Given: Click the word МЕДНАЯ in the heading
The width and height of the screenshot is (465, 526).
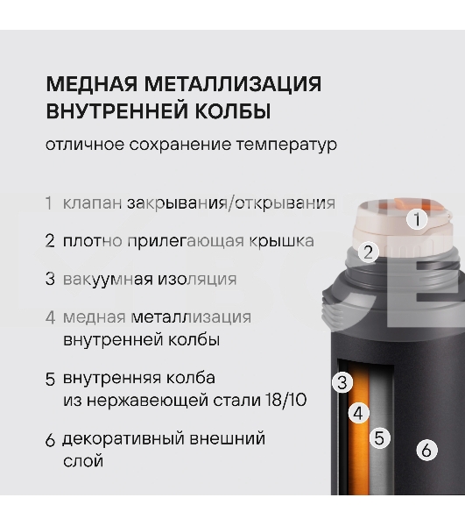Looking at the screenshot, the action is (x=91, y=83).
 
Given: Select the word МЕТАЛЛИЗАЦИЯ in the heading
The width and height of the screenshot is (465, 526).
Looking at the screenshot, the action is (x=233, y=84).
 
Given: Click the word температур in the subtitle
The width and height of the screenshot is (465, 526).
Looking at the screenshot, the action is (x=286, y=145).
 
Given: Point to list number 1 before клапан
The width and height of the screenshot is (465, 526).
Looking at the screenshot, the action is (x=49, y=203).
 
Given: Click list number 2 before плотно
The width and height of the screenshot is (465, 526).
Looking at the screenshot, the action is (x=50, y=241).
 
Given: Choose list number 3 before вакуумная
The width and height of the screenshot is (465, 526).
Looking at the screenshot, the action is (x=50, y=279).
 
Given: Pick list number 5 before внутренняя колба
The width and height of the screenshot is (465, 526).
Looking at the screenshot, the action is (x=50, y=379).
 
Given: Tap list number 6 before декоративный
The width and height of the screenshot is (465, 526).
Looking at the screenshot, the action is (x=50, y=440).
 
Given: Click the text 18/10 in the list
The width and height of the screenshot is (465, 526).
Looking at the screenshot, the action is (x=285, y=400).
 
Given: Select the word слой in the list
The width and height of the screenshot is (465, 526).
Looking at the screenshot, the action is (x=83, y=461).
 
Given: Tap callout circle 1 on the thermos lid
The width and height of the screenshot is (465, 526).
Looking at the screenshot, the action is (x=417, y=220).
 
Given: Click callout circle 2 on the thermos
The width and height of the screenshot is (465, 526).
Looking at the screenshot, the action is (x=369, y=252).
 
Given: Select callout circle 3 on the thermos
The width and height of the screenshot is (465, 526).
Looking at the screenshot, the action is (x=342, y=382).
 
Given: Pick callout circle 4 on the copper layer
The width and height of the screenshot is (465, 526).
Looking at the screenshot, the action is (x=359, y=413).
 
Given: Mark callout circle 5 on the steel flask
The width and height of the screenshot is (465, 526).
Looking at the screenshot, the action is (x=380, y=437).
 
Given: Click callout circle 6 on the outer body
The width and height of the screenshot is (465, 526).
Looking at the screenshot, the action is (x=426, y=450).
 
